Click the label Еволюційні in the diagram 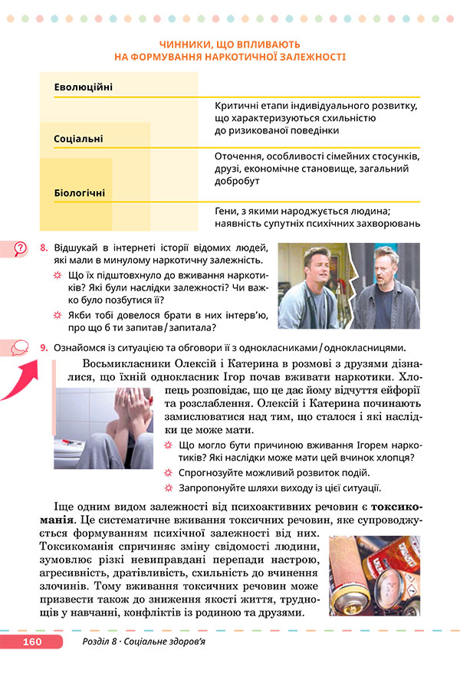83,87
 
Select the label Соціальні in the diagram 78,140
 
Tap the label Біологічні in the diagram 80,192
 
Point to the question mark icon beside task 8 19,248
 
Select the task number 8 44,248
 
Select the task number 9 44,347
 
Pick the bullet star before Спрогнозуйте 170,474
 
